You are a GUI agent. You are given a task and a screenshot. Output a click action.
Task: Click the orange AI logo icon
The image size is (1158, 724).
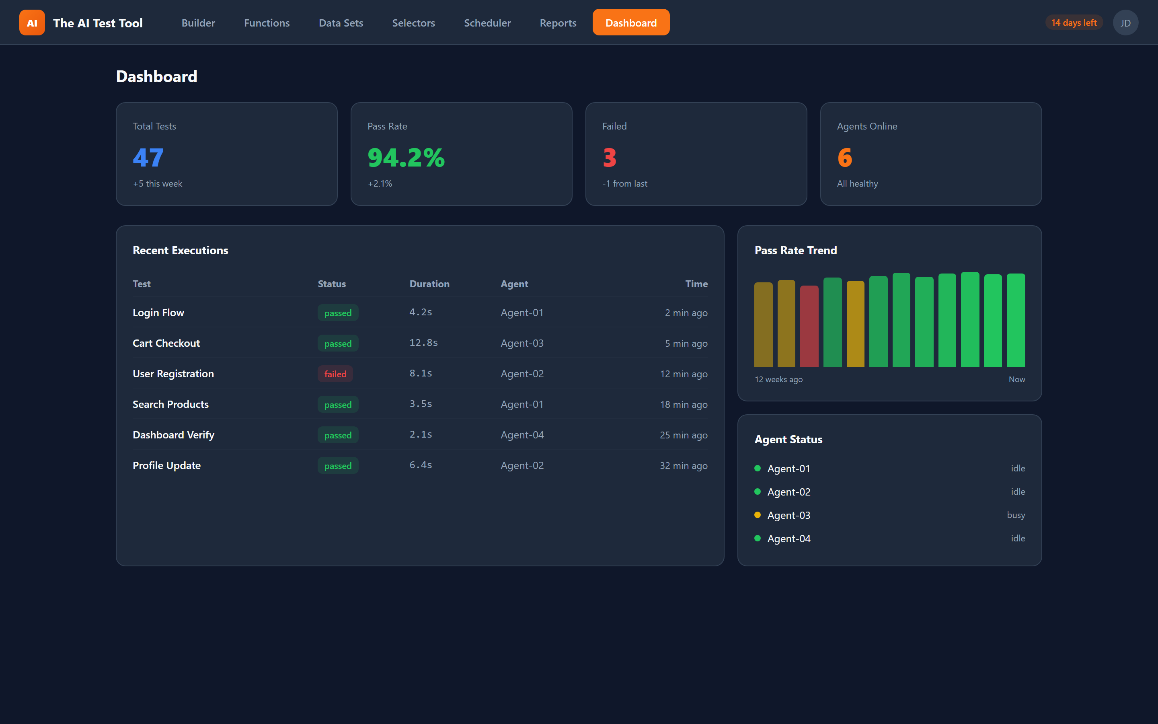coord(32,23)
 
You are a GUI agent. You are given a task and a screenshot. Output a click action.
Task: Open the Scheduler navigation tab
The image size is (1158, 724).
coord(487,23)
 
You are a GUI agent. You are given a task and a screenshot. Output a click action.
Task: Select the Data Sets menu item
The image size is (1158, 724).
coord(341,23)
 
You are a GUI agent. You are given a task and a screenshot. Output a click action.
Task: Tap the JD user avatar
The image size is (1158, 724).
coord(1125,23)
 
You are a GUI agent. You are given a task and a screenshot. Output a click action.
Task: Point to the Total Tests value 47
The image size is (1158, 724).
coord(148,158)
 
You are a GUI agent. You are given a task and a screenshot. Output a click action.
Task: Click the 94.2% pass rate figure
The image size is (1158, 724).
coord(406,158)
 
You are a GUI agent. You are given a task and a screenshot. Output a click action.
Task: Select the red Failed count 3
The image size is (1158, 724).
coord(609,158)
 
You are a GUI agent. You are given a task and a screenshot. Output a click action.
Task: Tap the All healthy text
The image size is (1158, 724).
coord(857,183)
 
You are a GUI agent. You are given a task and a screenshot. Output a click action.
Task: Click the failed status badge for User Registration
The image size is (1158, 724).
coord(335,374)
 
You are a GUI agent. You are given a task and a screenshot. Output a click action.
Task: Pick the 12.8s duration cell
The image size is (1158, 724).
coord(423,343)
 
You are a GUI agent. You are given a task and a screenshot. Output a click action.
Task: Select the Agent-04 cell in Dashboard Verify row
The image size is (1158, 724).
coord(522,435)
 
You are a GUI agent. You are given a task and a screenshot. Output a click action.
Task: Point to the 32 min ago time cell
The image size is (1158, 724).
coord(683,465)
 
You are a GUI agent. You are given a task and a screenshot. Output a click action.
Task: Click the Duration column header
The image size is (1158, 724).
coord(429,284)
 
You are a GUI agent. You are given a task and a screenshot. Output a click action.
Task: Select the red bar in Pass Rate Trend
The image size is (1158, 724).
coord(809,327)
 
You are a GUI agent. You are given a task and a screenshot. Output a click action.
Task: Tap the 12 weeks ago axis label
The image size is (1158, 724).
coord(778,379)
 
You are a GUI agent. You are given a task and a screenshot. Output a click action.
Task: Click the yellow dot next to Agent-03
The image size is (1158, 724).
coord(758,515)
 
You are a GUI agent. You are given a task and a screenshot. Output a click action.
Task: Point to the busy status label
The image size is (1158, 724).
coord(1015,515)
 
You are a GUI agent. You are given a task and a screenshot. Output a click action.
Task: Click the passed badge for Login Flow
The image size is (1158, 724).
coord(338,313)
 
